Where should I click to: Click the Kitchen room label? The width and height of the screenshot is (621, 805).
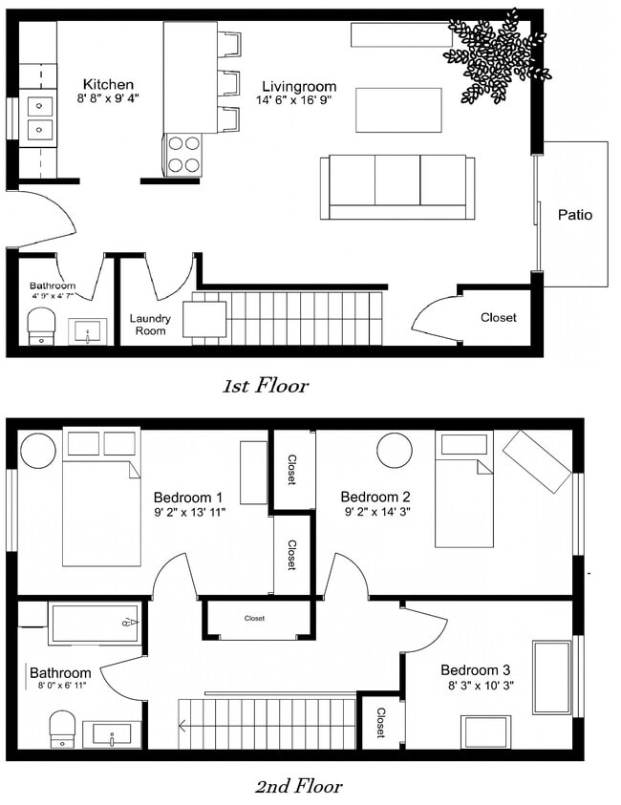tap(108, 84)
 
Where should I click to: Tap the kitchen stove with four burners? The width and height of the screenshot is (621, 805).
tap(184, 154)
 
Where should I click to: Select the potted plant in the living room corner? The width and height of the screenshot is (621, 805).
tap(495, 55)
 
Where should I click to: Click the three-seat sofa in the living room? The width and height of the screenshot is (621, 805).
tap(397, 186)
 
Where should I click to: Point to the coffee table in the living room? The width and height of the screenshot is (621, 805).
tap(398, 110)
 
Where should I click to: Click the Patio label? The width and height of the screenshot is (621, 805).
tap(574, 215)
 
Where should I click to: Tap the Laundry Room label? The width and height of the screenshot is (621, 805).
tap(150, 325)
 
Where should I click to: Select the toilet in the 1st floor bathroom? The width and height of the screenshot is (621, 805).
tap(41, 324)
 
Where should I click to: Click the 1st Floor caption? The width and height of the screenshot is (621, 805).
tap(266, 386)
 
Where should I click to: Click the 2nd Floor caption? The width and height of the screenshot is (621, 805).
tap(298, 787)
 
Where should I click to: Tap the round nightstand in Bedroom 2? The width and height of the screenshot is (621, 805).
tap(394, 449)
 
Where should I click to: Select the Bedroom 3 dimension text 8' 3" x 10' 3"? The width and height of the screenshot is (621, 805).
tap(481, 685)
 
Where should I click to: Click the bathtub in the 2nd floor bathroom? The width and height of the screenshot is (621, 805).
tap(94, 624)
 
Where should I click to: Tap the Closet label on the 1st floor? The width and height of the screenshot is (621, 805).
tap(498, 317)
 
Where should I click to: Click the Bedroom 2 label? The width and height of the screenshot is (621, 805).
tap(375, 497)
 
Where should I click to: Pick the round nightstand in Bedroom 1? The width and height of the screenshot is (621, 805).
tap(38, 450)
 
